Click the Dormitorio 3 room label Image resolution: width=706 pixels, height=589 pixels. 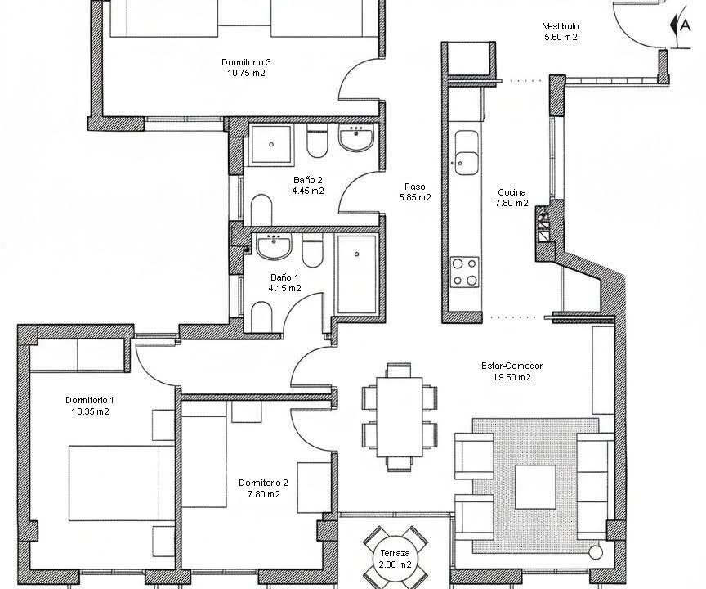click(246, 62)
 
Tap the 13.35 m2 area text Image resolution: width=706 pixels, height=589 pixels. click(90, 411)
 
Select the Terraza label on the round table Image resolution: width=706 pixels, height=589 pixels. click(395, 553)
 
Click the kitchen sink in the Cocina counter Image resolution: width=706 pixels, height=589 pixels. click(466, 153)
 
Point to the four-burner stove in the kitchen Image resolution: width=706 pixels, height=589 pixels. click(465, 272)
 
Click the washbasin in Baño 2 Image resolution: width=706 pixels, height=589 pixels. click(355, 137)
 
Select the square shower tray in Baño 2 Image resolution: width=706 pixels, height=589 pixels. click(271, 144)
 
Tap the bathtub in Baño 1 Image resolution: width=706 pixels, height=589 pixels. click(356, 274)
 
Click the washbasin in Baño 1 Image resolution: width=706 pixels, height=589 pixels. click(274, 246)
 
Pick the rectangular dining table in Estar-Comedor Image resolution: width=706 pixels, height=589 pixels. click(400, 417)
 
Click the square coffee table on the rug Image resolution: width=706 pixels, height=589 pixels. click(535, 488)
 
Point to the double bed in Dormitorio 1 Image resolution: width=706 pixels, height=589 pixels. click(122, 483)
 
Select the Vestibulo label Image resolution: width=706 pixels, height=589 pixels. click(561, 27)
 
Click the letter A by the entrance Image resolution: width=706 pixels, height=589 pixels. click(685, 25)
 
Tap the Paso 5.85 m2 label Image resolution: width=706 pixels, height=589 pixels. click(414, 192)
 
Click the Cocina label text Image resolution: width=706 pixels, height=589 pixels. click(512, 192)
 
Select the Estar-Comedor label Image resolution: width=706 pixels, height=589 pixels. click(512, 366)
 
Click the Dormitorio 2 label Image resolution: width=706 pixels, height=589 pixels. click(263, 483)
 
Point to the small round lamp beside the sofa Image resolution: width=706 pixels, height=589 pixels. click(596, 552)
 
